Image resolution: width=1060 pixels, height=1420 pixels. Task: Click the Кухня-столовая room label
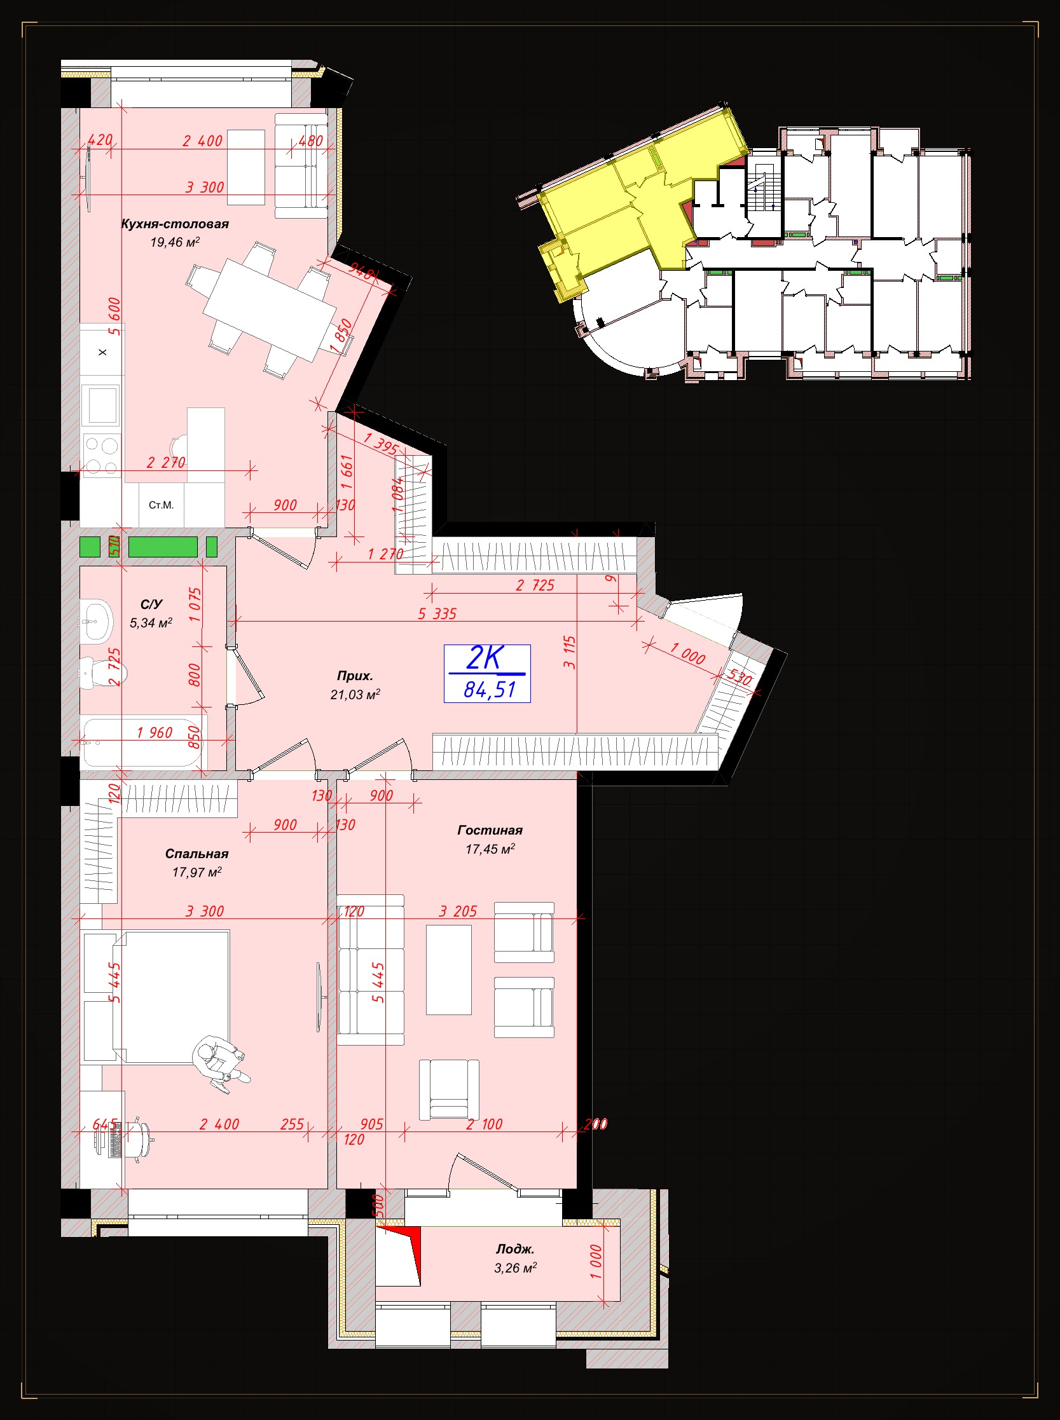coord(174,224)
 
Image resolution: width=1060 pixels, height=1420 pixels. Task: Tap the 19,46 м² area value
coord(174,242)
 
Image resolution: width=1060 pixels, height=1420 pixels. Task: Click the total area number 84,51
coord(490,690)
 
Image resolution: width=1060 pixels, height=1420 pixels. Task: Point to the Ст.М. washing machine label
coord(161,505)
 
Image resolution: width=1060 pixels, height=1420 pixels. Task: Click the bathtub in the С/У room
coord(141,742)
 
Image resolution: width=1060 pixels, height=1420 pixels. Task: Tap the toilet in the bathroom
coord(102,672)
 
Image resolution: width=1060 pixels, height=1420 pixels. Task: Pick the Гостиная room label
coord(490,830)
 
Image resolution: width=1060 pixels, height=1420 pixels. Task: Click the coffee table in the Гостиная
coord(448,969)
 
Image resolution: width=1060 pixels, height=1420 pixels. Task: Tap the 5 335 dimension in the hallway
coord(437,614)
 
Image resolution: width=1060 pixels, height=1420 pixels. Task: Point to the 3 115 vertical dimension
coord(570,652)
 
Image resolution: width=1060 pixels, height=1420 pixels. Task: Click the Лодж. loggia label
coord(514,1249)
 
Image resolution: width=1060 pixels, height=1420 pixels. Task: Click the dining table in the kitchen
coord(270,310)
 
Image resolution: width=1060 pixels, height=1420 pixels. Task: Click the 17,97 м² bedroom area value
coord(196,872)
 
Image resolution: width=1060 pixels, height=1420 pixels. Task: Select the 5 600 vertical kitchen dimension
coord(115,315)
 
